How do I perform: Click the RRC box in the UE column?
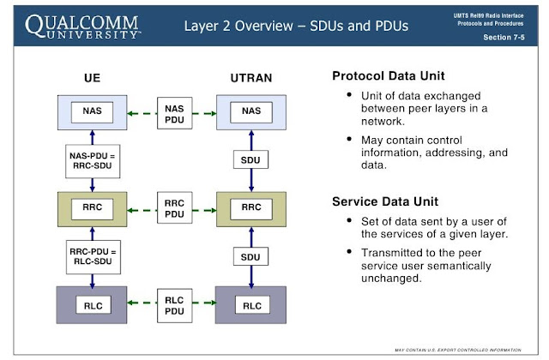coord(92,207)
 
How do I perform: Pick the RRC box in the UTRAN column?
coord(251,207)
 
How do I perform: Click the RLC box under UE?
coord(92,305)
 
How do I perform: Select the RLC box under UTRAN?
coord(251,305)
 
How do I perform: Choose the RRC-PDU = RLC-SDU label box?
coord(92,256)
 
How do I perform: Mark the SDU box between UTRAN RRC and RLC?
coord(251,256)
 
